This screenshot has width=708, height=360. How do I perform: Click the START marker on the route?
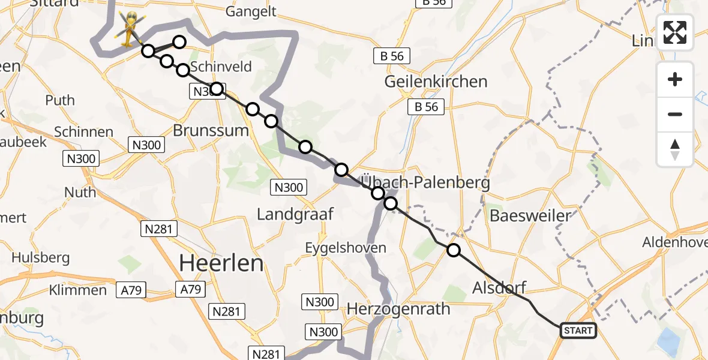(578, 330)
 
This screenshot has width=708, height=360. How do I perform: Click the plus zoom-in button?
(675, 79)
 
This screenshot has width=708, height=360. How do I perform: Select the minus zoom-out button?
(675, 114)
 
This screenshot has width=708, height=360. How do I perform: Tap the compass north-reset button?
(675, 149)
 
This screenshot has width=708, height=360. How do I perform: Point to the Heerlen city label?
(222, 263)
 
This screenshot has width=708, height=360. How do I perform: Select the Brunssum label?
(210, 130)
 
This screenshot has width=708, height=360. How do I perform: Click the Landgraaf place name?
(295, 214)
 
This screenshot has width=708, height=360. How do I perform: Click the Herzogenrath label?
(398, 309)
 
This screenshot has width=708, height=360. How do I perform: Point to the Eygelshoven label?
(345, 247)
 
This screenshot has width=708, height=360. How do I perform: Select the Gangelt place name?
(251, 11)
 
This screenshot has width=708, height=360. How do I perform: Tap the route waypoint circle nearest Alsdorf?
(454, 250)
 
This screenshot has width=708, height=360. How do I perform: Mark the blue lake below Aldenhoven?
(670, 343)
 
